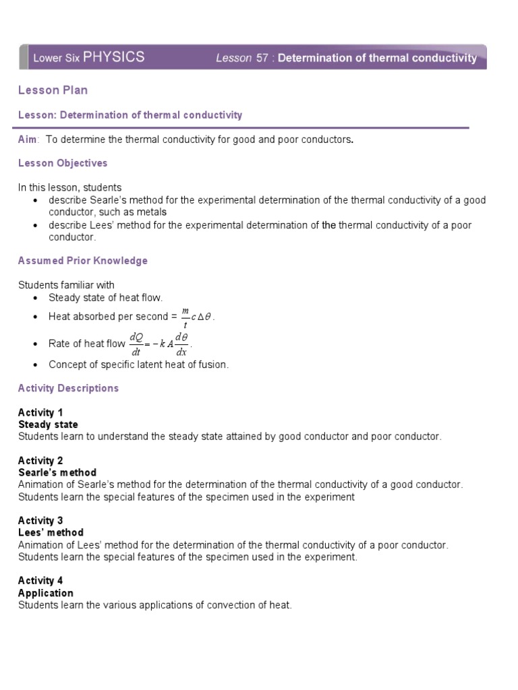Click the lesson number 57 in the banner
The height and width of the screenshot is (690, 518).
[262, 58]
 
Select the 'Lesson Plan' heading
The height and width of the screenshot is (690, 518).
[53, 90]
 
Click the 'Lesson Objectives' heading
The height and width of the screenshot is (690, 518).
[63, 163]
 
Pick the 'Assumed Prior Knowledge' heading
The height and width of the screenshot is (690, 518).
[82, 260]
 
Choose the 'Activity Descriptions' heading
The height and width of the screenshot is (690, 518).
[68, 388]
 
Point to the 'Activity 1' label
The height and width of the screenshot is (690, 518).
[40, 412]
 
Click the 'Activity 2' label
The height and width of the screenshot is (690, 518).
[40, 460]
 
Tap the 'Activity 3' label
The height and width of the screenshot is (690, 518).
[40, 520]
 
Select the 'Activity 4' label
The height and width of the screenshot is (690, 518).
[40, 580]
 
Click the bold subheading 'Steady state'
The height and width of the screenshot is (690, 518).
[48, 425]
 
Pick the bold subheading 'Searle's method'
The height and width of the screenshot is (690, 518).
[57, 472]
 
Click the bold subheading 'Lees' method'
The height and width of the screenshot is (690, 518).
[51, 532]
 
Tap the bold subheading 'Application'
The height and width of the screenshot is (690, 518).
[46, 593]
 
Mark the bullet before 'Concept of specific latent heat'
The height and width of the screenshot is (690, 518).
[34, 365]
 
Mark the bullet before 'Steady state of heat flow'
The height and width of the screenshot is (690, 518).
[34, 298]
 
